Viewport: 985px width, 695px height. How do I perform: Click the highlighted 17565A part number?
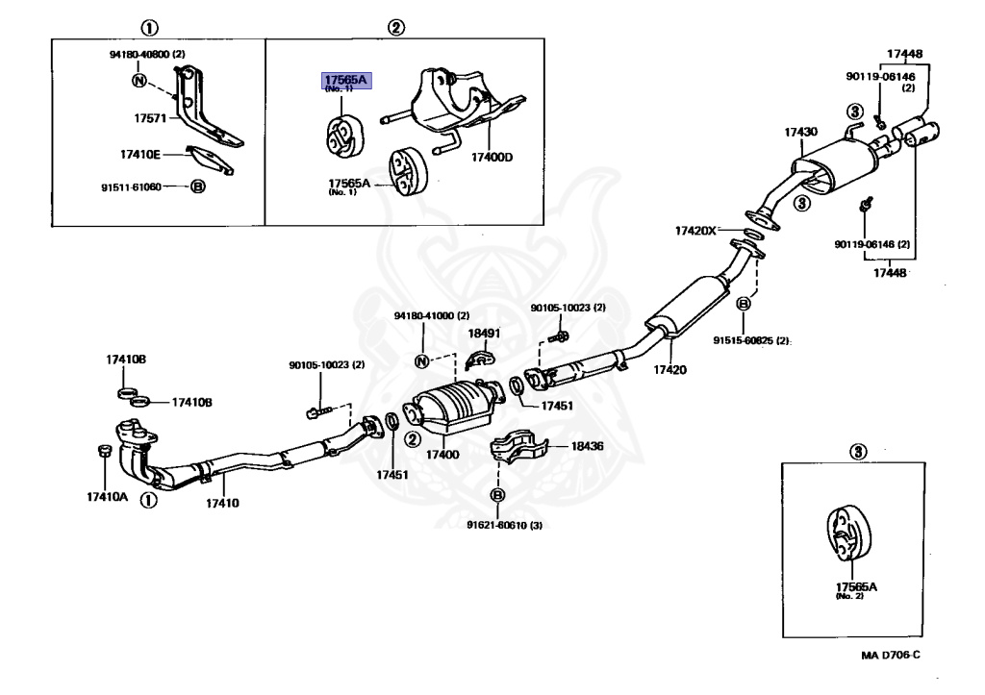(344, 81)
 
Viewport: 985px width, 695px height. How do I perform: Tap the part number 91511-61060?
(131, 187)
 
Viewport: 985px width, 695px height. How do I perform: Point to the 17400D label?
(492, 158)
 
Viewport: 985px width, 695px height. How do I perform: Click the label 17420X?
(695, 231)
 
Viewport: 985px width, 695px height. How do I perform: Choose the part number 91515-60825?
(749, 340)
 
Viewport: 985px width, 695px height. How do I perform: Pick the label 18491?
(484, 333)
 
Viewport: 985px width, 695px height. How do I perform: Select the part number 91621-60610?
(504, 525)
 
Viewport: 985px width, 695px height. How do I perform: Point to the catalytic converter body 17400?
(452, 411)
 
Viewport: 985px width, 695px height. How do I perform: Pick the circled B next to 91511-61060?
(198, 187)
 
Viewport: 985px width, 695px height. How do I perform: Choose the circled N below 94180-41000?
(420, 361)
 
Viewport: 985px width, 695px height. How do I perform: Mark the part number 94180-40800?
(147, 55)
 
